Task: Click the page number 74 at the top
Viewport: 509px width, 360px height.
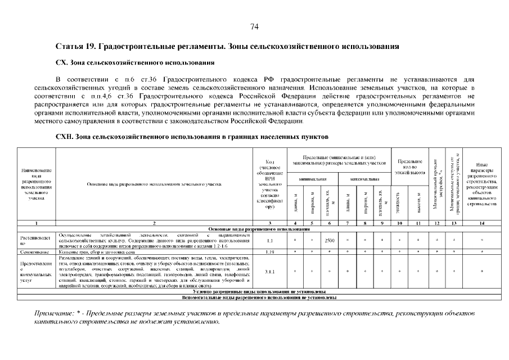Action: click(x=254, y=26)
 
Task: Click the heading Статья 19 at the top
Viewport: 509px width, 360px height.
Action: click(x=228, y=45)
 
